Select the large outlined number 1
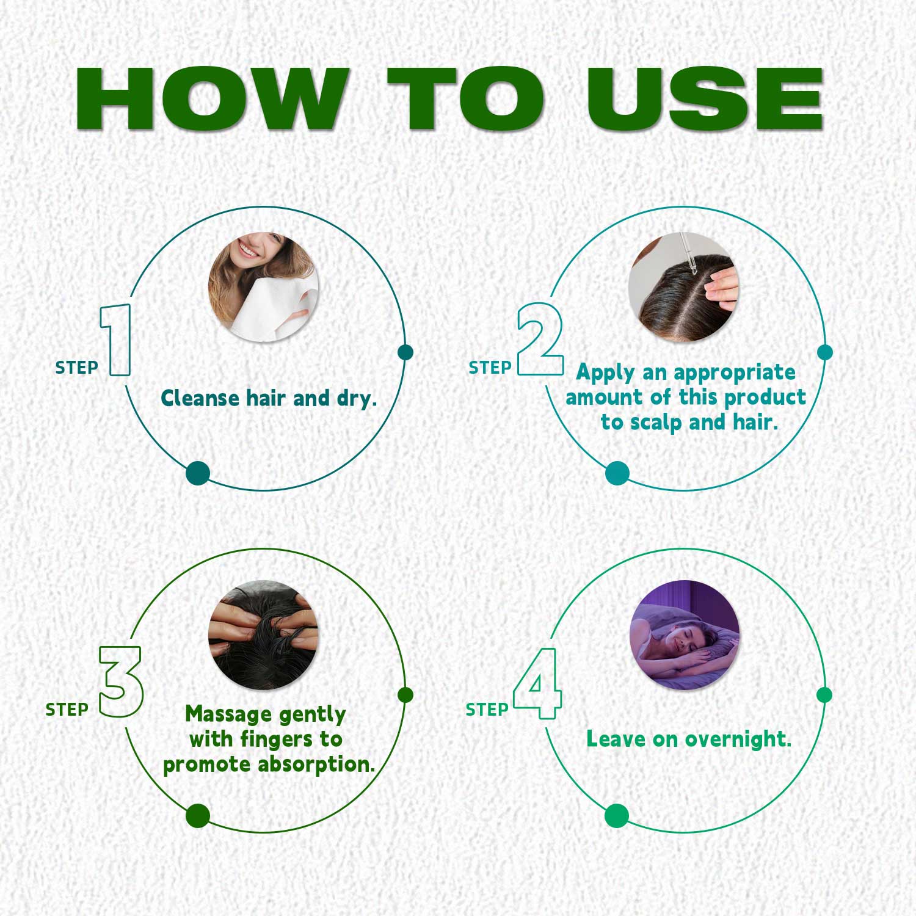[x=116, y=340]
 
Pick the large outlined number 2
[x=540, y=339]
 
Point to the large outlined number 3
[x=120, y=682]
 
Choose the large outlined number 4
[x=537, y=683]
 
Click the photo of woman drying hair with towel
[x=263, y=287]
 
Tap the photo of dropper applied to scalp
[x=684, y=287]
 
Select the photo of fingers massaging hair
[x=263, y=635]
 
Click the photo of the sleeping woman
[x=685, y=635]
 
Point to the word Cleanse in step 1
[x=200, y=398]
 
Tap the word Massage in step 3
[x=228, y=714]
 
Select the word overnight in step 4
[x=738, y=740]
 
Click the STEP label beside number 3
[x=67, y=710]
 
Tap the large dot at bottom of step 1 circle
[x=198, y=473]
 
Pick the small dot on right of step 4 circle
[x=824, y=695]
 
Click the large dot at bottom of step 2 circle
[x=617, y=473]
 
